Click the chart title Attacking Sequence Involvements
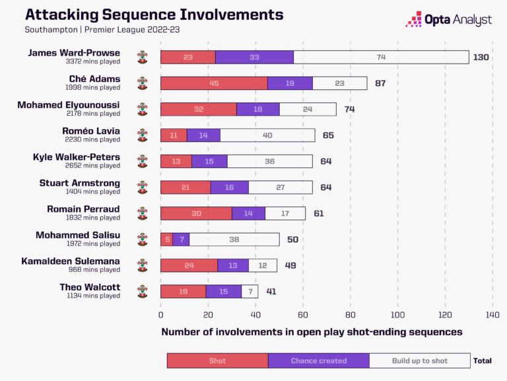point(154,15)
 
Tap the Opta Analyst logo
point(448,19)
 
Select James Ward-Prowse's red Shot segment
point(187,58)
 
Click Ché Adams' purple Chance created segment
point(290,83)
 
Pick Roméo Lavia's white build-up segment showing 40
point(267,136)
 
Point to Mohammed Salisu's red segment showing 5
point(166,239)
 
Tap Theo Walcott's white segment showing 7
point(250,291)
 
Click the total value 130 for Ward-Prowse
point(481,58)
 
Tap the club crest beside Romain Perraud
point(143,213)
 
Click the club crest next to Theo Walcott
point(143,291)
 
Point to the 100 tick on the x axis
point(398,316)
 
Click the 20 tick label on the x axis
point(208,316)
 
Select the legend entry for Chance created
point(318,360)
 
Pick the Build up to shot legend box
point(419,360)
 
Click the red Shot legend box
point(217,360)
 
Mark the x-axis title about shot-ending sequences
point(312,332)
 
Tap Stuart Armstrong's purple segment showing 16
point(230,187)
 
